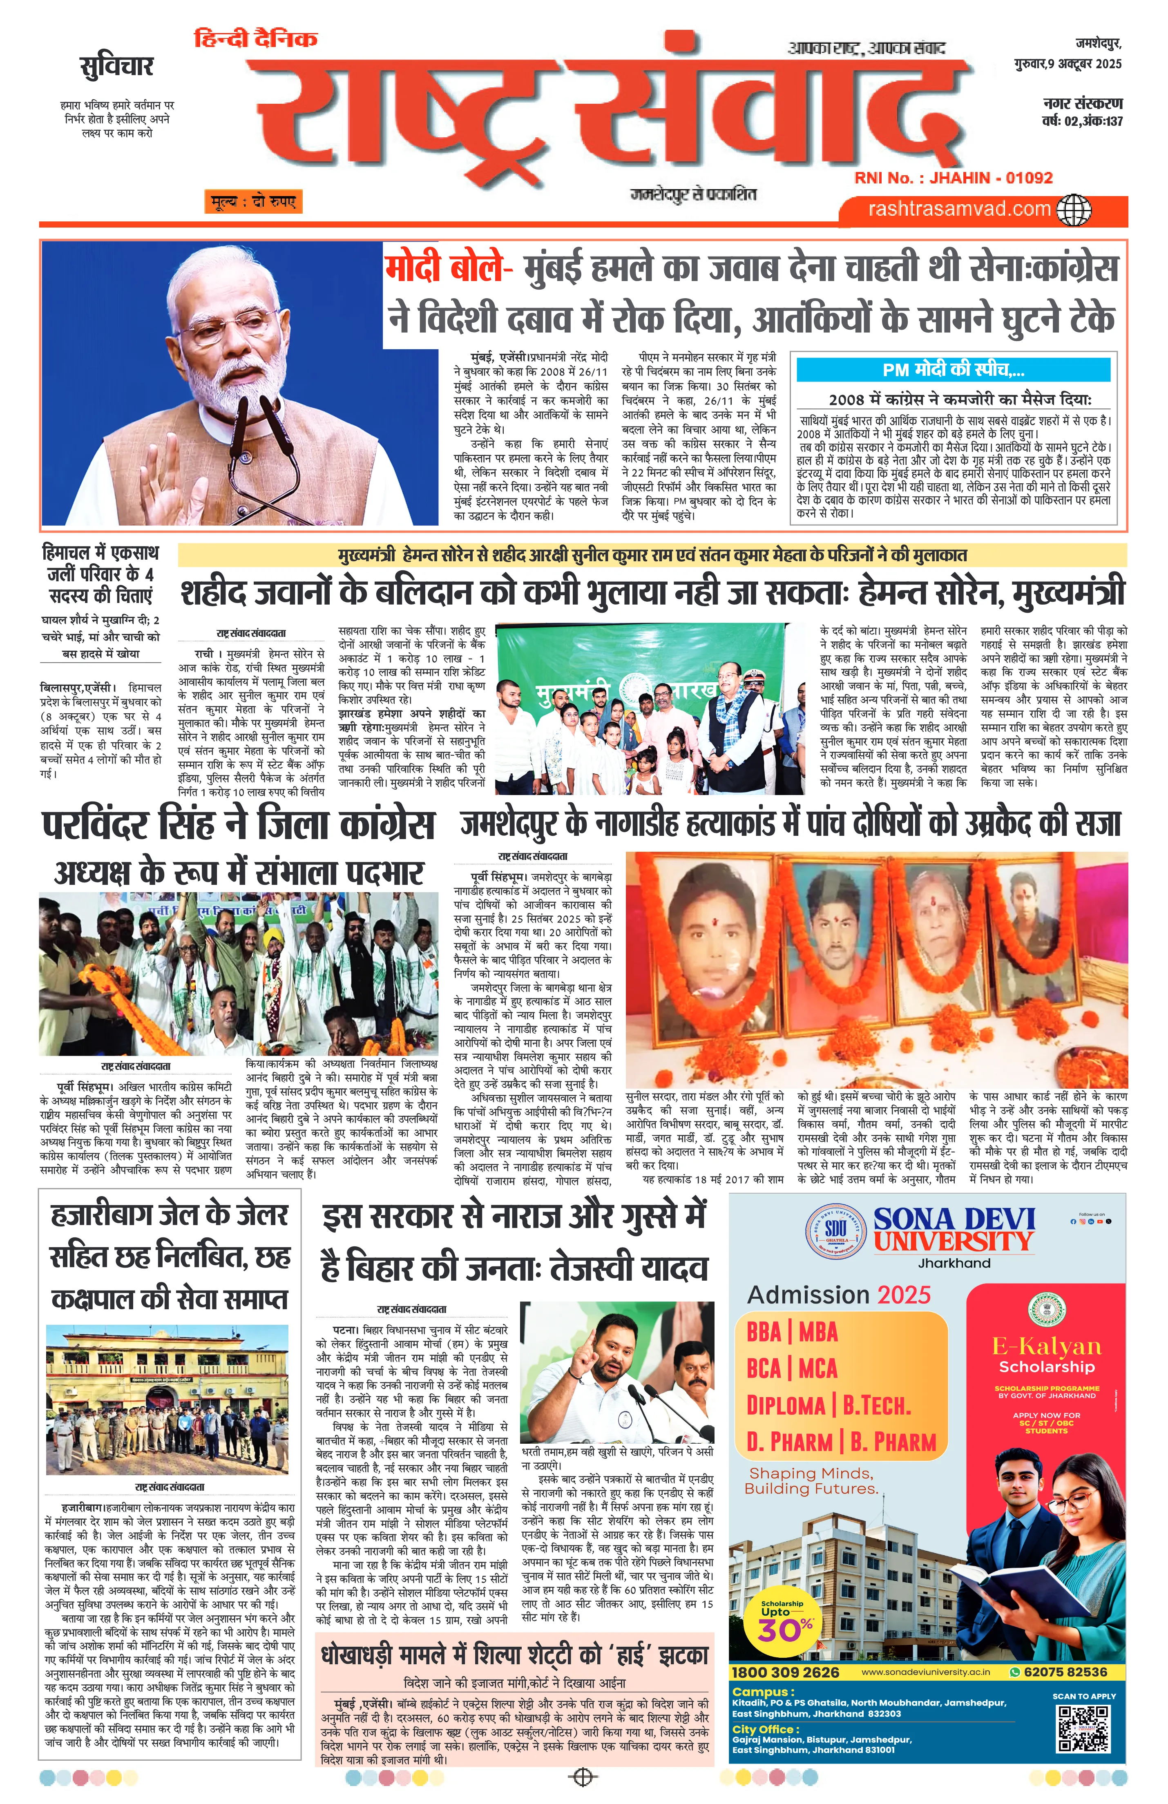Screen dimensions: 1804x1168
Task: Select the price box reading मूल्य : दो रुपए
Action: tap(252, 202)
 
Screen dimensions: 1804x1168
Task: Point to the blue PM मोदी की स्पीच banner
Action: tap(953, 370)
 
